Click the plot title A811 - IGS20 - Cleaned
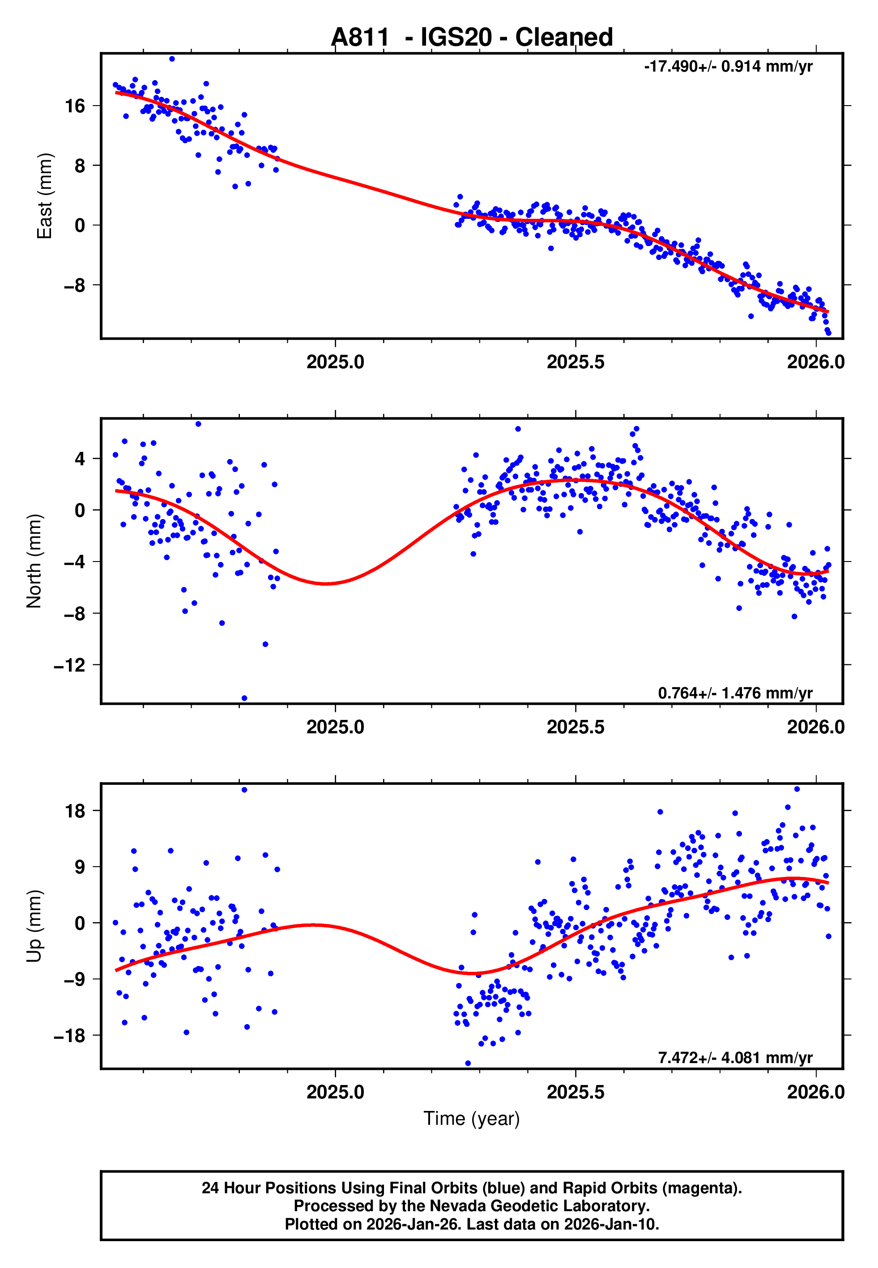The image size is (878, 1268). click(472, 38)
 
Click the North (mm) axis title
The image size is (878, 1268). click(34, 561)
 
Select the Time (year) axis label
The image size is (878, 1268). click(472, 1119)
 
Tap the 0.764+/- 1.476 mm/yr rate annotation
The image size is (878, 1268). click(735, 693)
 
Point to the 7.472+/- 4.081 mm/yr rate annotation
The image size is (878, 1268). click(735, 1057)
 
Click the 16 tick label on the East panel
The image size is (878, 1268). click(75, 106)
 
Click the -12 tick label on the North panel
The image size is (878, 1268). click(69, 665)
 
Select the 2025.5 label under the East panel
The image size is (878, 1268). click(575, 362)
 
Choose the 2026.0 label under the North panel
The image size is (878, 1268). click(815, 727)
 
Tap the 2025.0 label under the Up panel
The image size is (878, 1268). click(335, 1092)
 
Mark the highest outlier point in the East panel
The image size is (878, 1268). click(172, 59)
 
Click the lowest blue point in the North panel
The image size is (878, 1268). click(244, 698)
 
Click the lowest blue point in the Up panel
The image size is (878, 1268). click(468, 1063)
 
